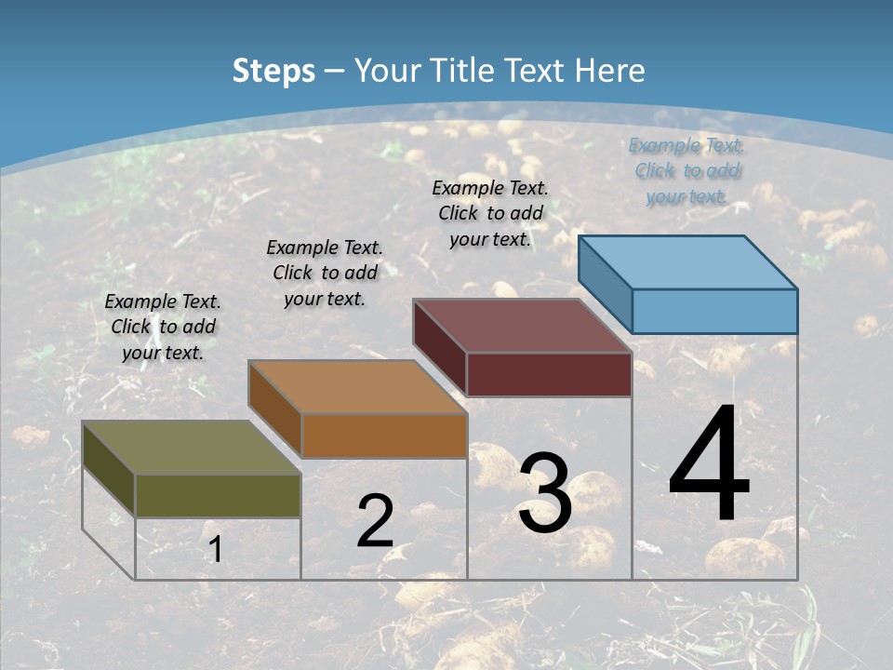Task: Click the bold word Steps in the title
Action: (x=273, y=71)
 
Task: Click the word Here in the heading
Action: (x=610, y=71)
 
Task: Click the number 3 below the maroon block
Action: (x=545, y=493)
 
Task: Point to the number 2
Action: (x=375, y=521)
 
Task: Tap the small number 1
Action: (x=216, y=549)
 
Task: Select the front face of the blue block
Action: (x=714, y=311)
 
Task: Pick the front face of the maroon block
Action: (x=549, y=374)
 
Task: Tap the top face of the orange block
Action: (x=357, y=386)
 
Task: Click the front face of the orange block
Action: (x=383, y=435)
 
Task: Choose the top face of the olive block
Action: (x=192, y=447)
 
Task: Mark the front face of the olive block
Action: (x=218, y=495)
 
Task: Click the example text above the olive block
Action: (x=163, y=327)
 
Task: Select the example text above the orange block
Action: (x=325, y=273)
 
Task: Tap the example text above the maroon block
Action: (x=490, y=213)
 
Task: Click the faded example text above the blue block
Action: (x=686, y=170)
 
